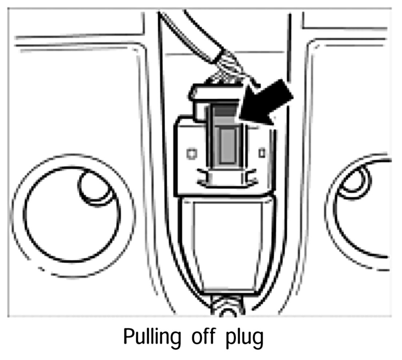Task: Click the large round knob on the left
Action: tap(73, 215)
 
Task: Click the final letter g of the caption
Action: tap(256, 339)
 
